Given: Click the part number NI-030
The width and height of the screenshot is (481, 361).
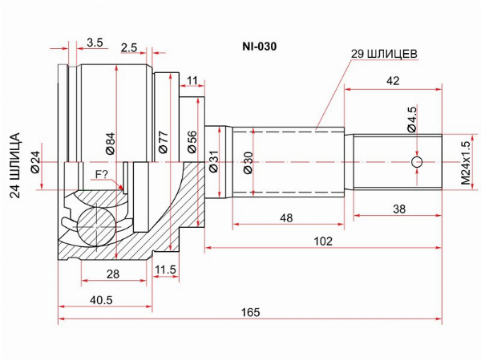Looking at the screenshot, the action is pos(259,47).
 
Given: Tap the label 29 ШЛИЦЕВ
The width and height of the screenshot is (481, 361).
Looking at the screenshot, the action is pos(384,54).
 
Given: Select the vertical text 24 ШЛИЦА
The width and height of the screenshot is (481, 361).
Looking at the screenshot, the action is pos(15,165).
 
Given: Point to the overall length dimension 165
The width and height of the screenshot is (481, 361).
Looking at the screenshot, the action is pos(250,312).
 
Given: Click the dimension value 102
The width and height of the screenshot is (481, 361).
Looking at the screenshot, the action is pos(323,241).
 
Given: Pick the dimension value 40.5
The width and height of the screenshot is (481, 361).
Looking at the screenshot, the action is pos(101,299).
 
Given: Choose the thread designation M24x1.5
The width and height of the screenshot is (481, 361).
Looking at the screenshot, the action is pos(466,163).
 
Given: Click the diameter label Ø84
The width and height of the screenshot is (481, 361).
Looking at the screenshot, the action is pos(111,143).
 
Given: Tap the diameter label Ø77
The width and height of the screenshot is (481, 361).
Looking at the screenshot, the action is pos(164,142).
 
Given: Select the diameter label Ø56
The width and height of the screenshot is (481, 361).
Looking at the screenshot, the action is pos(192,142).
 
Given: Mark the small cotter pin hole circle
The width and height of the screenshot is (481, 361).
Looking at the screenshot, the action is pos(417,162).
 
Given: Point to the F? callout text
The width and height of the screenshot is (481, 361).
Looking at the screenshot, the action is pos(102,174).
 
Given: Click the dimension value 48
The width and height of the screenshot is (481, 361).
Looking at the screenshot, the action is pos(286,217).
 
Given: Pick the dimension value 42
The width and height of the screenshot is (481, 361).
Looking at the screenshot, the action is pos(393,81).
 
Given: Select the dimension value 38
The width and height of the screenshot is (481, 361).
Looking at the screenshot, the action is pos(399,209).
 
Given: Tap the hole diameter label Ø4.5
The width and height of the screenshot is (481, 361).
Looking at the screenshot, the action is pos(412,120).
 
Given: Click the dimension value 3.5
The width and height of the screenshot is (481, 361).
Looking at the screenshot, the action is pos(95,43).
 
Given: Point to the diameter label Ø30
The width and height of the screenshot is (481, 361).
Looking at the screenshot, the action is pos(249,163).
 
